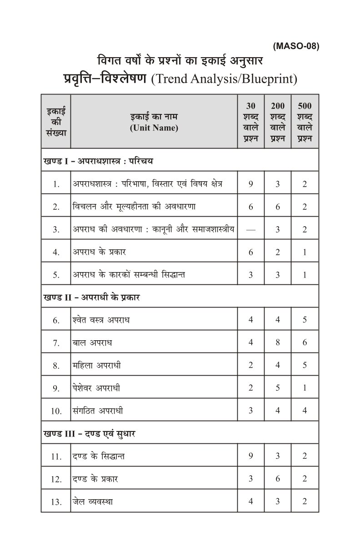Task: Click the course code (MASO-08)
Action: (296, 46)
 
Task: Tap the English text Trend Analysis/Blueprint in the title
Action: (224, 79)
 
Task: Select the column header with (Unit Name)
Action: (154, 128)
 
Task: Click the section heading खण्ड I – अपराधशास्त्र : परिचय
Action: (99, 161)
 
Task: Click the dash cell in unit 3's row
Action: (250, 229)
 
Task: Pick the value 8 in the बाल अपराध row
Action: (278, 343)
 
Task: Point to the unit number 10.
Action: (56, 411)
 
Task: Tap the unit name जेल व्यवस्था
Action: (93, 501)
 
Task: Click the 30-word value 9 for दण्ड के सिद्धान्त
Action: (250, 456)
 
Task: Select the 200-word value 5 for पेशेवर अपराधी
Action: (278, 388)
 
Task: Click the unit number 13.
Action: (56, 502)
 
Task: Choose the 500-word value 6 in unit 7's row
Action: (305, 343)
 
